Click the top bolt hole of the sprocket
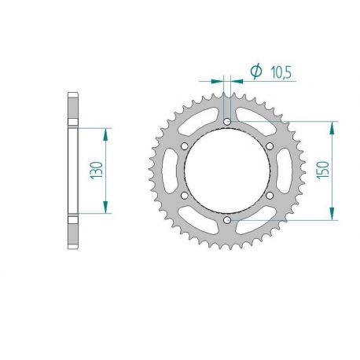pyautogui.click(x=227, y=122)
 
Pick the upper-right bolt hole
pyautogui.click(x=270, y=146)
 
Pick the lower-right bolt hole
pyautogui.click(x=270, y=196)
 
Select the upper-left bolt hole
pyautogui.click(x=185, y=146)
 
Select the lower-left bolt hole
pyautogui.click(x=185, y=196)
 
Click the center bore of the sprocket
pyautogui.click(x=227, y=171)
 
